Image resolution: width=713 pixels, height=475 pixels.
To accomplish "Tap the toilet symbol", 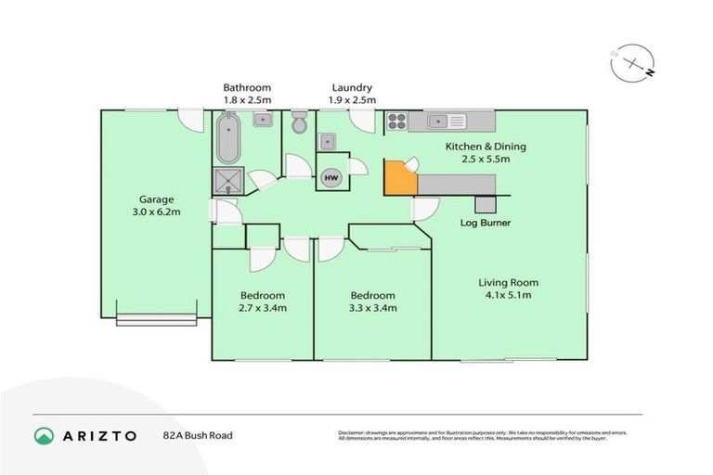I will coord(299,123).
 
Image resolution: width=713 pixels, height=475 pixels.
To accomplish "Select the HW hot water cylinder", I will coord(331,176).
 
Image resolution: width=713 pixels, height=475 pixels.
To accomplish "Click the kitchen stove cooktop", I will coord(397,121).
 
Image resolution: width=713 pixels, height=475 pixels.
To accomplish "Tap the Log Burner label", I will coord(486,224).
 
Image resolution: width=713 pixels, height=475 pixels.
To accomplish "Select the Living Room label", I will coord(508,282).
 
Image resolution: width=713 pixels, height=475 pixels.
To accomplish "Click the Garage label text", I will coord(156,199).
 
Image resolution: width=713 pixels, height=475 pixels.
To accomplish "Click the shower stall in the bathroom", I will coord(227,180).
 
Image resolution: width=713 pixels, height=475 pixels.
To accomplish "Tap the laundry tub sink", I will coord(327,142).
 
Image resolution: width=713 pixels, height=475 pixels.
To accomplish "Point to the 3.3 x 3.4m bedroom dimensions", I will coord(371,308).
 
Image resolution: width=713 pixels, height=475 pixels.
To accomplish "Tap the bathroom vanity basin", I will coord(263,119).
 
